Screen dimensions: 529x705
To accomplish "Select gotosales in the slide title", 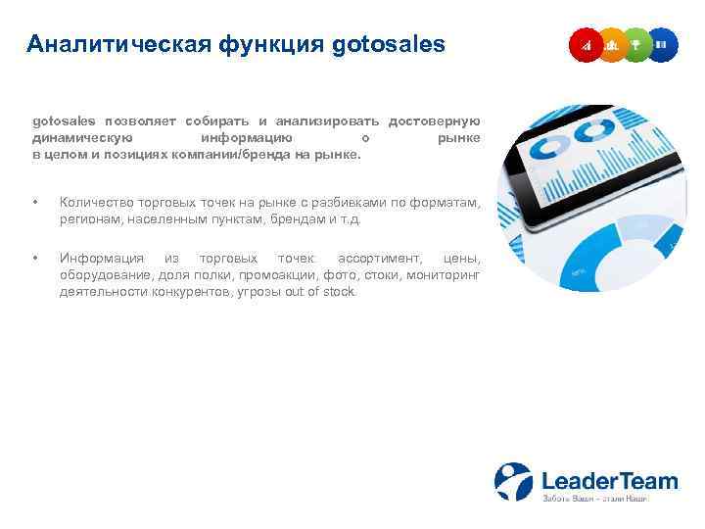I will coord(389,45).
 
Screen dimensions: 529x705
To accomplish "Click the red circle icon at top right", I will coord(586,45).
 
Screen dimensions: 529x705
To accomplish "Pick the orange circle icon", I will coord(612,45).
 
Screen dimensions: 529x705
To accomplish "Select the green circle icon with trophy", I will coord(637,45).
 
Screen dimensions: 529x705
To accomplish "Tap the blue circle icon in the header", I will coord(663,45).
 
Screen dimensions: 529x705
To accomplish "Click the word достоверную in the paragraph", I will coord(434,120).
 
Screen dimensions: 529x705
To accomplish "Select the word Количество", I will coord(97,203).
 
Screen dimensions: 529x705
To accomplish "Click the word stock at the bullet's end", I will coord(341,292).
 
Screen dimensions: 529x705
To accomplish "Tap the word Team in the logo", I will coord(641,480).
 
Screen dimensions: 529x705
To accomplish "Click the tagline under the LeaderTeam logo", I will coord(594,500).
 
